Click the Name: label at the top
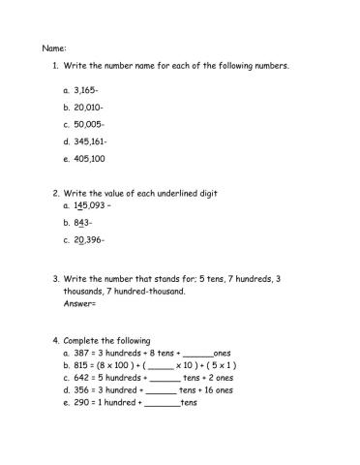point(55,46)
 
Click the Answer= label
point(80,303)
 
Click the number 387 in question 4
point(82,354)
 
